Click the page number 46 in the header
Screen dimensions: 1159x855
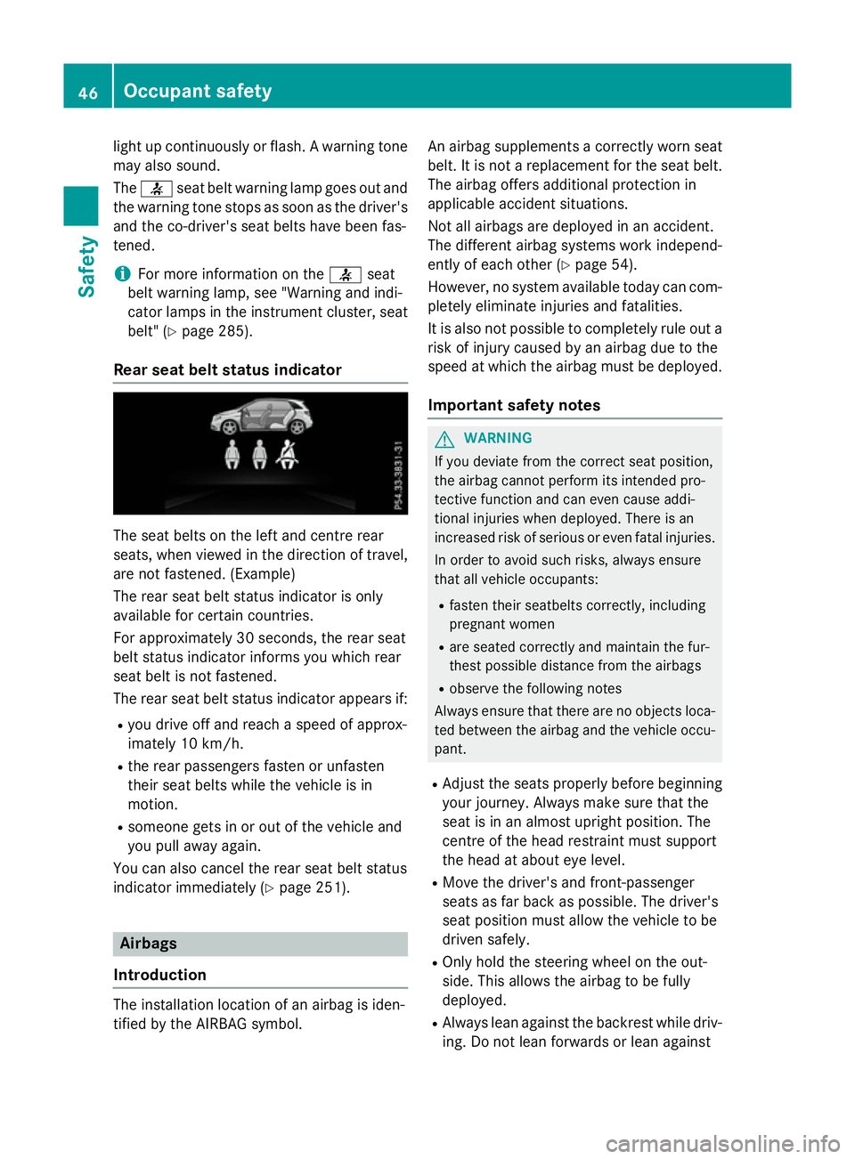(88, 92)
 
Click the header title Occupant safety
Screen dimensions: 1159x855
(198, 91)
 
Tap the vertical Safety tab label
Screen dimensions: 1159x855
(86, 266)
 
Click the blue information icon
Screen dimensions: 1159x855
(121, 274)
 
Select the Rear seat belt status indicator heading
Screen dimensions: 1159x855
(227, 369)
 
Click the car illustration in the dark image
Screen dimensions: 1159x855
(261, 417)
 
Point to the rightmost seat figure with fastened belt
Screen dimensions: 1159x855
(287, 454)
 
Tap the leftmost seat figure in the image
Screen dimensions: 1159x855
(232, 454)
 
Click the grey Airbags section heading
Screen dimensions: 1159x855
(149, 944)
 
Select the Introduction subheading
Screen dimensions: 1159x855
(159, 975)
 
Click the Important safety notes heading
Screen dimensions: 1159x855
(514, 405)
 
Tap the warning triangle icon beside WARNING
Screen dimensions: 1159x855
(444, 439)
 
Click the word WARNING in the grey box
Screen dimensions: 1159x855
(498, 438)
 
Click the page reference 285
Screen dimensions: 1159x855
(232, 331)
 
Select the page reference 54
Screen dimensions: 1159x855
(621, 264)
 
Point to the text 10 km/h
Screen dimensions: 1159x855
(211, 743)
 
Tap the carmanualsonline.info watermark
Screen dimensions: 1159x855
(722, 1143)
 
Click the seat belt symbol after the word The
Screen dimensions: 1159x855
(156, 189)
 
